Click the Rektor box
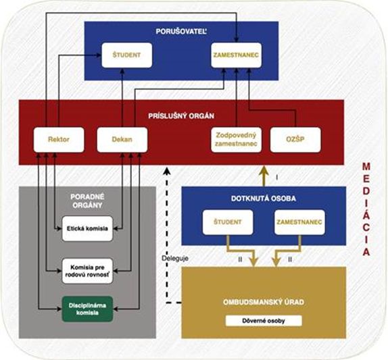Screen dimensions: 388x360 [x=59, y=140]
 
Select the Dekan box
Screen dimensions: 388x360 [x=122, y=140]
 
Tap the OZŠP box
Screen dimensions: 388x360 [x=295, y=140]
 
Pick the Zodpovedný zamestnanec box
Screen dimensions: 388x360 [x=237, y=140]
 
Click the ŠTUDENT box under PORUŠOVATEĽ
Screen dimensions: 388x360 [x=126, y=55]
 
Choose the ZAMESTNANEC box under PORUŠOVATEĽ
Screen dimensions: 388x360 [x=237, y=55]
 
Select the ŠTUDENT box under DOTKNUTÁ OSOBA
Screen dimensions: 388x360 [x=228, y=222]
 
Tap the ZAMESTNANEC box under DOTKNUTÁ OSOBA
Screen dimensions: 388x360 [x=299, y=222]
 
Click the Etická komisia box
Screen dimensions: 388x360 [x=87, y=229]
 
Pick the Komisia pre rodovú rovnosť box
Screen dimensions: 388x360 [x=87, y=271]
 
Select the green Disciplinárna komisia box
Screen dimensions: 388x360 [x=87, y=309]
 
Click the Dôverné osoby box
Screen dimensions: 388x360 [x=264, y=321]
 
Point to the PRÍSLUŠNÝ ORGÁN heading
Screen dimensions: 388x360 [x=181, y=116]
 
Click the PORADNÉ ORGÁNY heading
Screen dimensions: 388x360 [x=87, y=201]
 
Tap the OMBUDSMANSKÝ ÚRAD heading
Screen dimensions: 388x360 [x=264, y=302]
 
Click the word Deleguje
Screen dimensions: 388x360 [x=175, y=259]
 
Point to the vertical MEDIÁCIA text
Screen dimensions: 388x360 [x=366, y=209]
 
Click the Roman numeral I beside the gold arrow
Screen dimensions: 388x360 [x=277, y=178]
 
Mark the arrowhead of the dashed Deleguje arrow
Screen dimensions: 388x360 [x=167, y=170]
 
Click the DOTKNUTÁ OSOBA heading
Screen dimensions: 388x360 [x=264, y=199]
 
